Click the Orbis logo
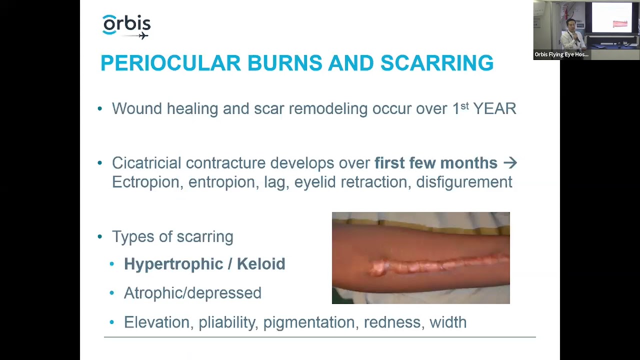pyautogui.click(x=126, y=26)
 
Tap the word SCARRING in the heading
pyautogui.click(x=436, y=63)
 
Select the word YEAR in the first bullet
pyautogui.click(x=494, y=108)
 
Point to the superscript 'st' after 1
pyautogui.click(x=464, y=105)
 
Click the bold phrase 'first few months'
pyautogui.click(x=435, y=163)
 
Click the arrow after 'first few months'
pyautogui.click(x=510, y=162)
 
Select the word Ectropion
pyautogui.click(x=145, y=182)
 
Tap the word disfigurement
pyautogui.click(x=464, y=182)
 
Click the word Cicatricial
pyautogui.click(x=146, y=163)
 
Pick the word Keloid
pyautogui.click(x=261, y=264)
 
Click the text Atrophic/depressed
pyautogui.click(x=192, y=293)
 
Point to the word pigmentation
pyautogui.click(x=308, y=322)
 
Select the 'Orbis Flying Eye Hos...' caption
pyautogui.click(x=561, y=54)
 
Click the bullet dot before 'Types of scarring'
pyautogui.click(x=100, y=236)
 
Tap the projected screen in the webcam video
pyautogui.click(x=612, y=19)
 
